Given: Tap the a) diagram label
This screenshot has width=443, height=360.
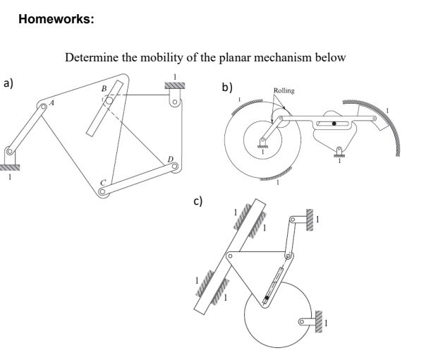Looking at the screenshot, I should (x=8, y=83).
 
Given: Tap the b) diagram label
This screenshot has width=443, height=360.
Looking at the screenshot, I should (x=226, y=88).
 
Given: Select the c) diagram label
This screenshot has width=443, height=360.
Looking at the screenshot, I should (x=199, y=201).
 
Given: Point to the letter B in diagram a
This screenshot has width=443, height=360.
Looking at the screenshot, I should (x=104, y=89).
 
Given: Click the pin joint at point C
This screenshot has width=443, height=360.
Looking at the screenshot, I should (x=104, y=191).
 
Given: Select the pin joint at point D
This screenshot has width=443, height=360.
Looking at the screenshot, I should (x=174, y=167).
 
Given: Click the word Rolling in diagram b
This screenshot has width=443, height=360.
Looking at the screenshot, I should (x=284, y=90).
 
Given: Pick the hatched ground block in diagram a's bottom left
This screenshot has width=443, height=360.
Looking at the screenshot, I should (x=9, y=167).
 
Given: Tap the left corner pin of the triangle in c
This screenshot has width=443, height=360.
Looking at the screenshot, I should (x=229, y=254).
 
